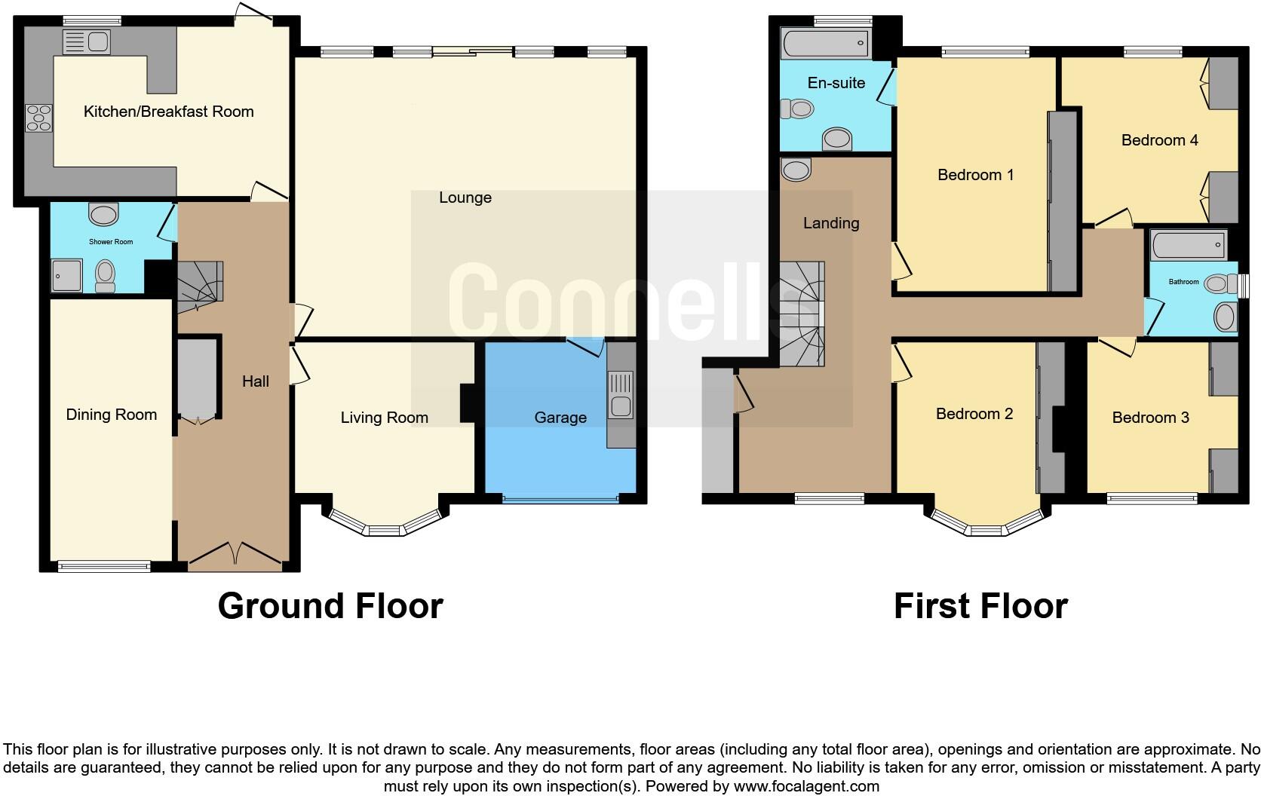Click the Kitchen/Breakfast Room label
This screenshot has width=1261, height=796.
point(168,112)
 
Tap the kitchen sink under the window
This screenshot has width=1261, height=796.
point(87,42)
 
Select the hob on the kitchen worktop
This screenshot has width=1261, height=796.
point(39,118)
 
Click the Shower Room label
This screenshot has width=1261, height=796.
point(111,242)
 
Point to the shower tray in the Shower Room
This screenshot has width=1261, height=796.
point(66,276)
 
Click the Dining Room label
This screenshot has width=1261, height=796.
point(112,415)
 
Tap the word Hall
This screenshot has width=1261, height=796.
point(256,381)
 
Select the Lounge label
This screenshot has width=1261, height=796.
point(465,197)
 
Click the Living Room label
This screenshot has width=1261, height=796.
point(384,418)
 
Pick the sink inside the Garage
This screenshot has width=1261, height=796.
point(621,395)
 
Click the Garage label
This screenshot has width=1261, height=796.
point(560,418)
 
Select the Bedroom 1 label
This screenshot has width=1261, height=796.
point(975,175)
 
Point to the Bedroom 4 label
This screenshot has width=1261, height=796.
point(1159,140)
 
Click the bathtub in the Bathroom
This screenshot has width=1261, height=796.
point(1188,245)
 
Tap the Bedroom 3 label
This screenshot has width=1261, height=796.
point(1150,418)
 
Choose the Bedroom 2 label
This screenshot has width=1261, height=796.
point(974,414)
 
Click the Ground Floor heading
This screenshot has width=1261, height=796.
point(330,606)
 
